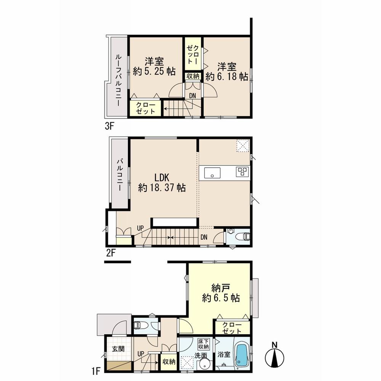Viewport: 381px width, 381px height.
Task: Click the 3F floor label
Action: tap(109, 126)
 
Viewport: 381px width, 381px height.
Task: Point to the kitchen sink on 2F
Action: tap(212, 173)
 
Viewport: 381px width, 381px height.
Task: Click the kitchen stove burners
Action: tap(242, 171)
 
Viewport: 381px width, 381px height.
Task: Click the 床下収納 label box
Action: tap(203, 344)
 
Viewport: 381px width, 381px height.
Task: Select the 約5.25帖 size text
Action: tap(154, 70)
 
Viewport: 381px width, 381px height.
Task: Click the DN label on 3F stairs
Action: tap(193, 96)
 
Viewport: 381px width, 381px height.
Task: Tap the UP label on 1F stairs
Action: tap(140, 353)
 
